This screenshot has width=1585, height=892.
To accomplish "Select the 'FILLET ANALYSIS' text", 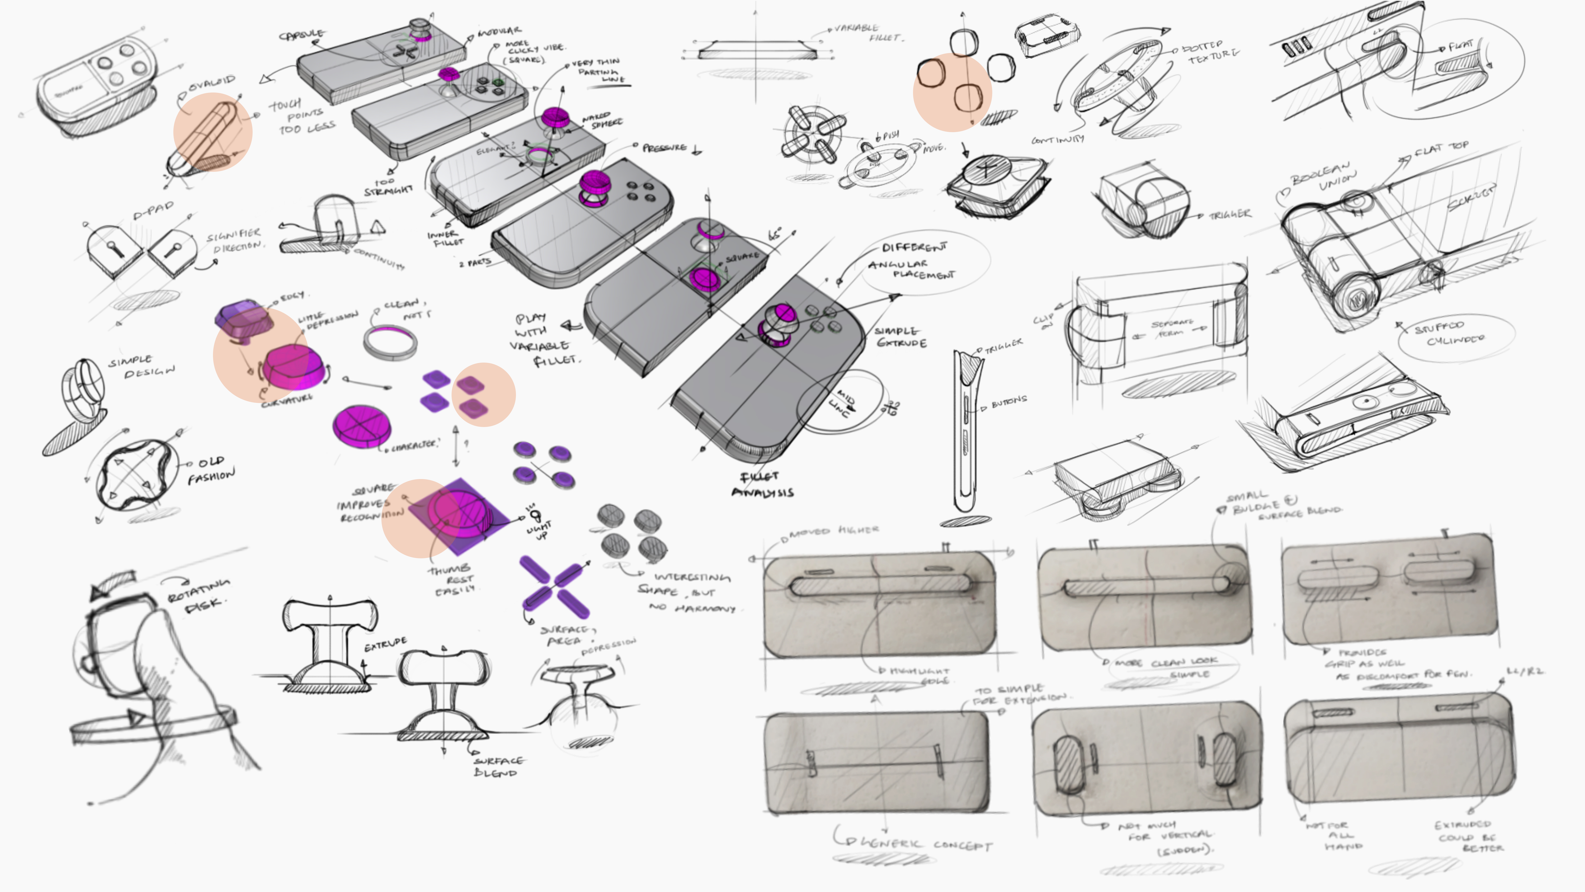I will click(x=762, y=484).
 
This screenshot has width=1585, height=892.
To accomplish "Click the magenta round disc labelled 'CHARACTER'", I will click(x=361, y=425).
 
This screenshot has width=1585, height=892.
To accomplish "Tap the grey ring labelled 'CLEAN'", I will click(x=390, y=342).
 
